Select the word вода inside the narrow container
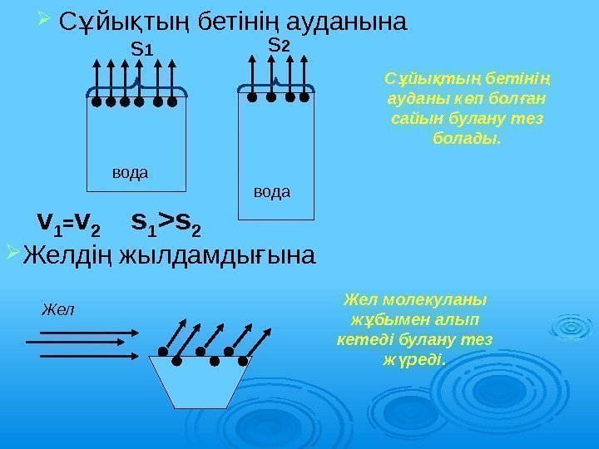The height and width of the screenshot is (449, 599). (271, 192)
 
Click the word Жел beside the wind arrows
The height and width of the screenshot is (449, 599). (57, 309)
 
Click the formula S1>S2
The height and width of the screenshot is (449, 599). (166, 223)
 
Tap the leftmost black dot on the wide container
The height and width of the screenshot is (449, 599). (97, 104)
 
